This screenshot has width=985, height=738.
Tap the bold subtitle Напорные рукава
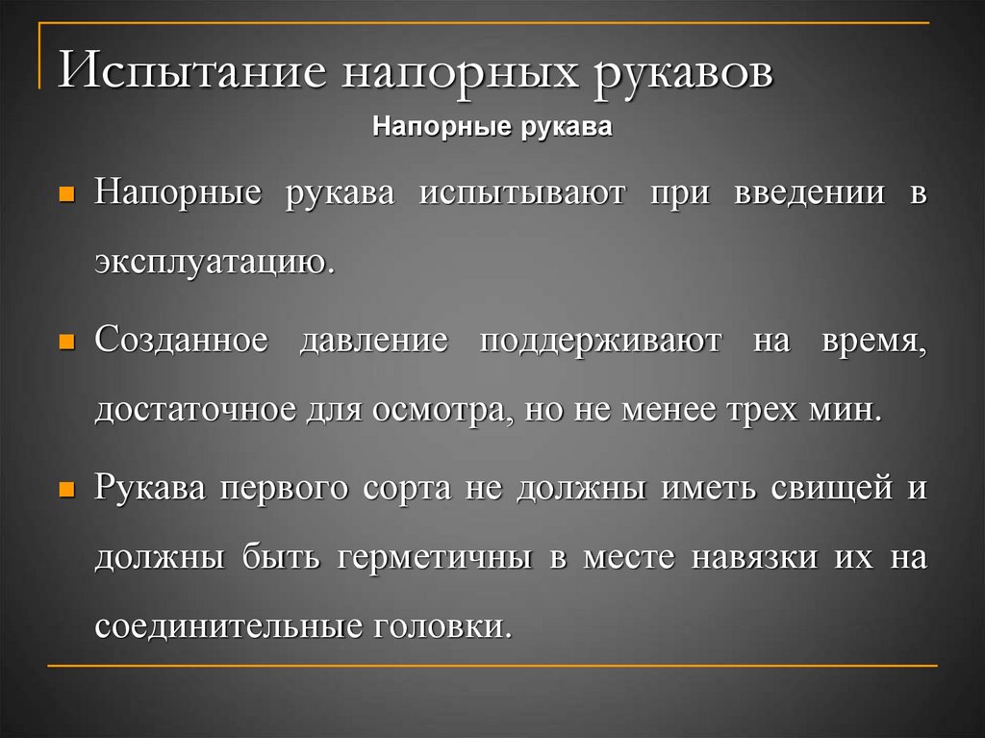(x=492, y=127)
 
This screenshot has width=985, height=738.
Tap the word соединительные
(x=228, y=626)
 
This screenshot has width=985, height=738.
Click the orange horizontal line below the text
(x=492, y=665)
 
